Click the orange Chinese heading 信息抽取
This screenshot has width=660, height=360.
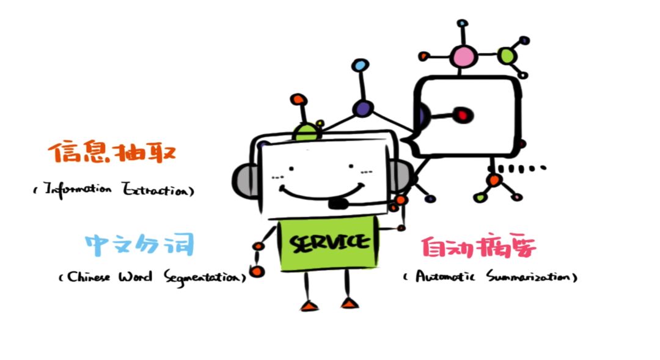tap(112, 153)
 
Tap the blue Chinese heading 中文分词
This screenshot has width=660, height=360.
tap(139, 244)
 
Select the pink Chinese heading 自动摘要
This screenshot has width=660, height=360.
tap(479, 248)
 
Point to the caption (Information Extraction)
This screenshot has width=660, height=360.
tap(114, 189)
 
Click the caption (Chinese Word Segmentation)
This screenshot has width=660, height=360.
tap(152, 277)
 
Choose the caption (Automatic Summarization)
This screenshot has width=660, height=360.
tap(490, 277)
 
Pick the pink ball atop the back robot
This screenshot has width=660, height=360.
tap(463, 57)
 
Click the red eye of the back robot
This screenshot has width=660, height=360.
tap(463, 114)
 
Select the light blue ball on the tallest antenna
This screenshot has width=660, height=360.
tap(361, 64)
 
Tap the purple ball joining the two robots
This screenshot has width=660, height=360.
tap(362, 109)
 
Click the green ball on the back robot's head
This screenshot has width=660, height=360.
tap(507, 56)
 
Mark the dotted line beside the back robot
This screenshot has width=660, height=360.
tap(521, 168)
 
